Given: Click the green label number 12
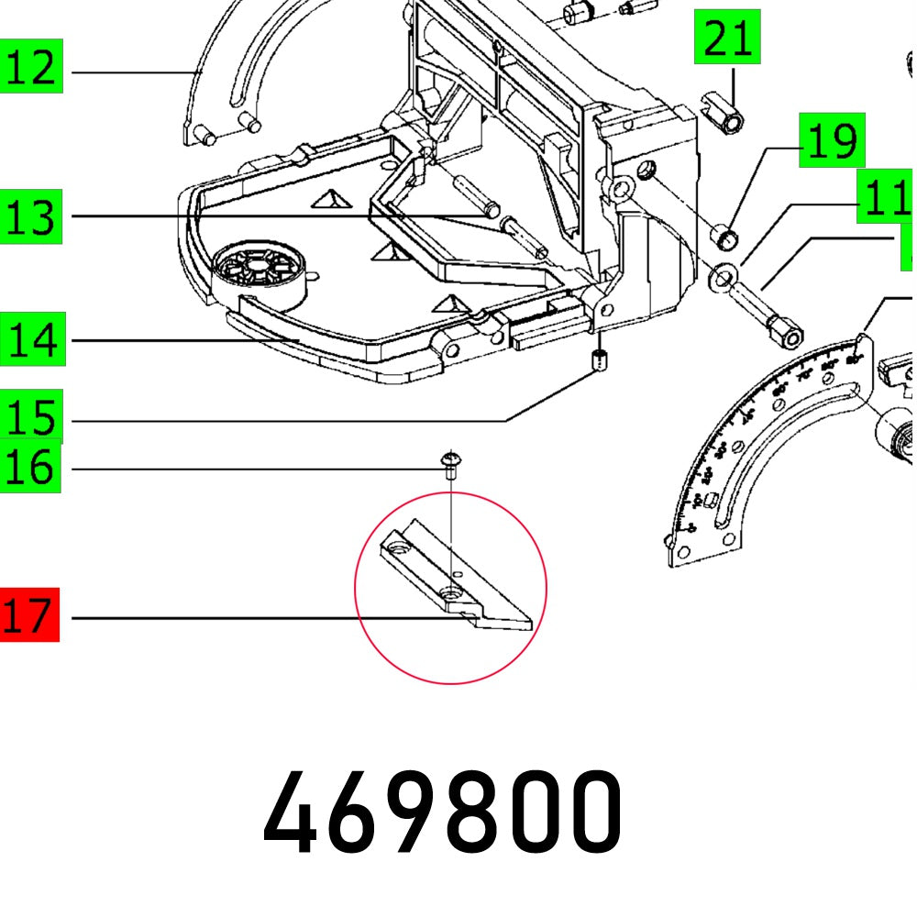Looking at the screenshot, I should [30, 67].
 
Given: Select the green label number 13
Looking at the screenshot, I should [30, 217].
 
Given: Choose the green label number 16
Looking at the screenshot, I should [30, 468].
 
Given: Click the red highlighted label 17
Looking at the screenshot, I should [28, 615].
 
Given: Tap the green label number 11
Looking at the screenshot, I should [884, 197].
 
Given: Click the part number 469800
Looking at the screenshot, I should [443, 812].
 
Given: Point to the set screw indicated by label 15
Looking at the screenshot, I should [601, 361].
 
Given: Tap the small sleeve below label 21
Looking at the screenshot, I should [723, 110].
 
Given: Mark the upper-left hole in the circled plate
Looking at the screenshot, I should [398, 547].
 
